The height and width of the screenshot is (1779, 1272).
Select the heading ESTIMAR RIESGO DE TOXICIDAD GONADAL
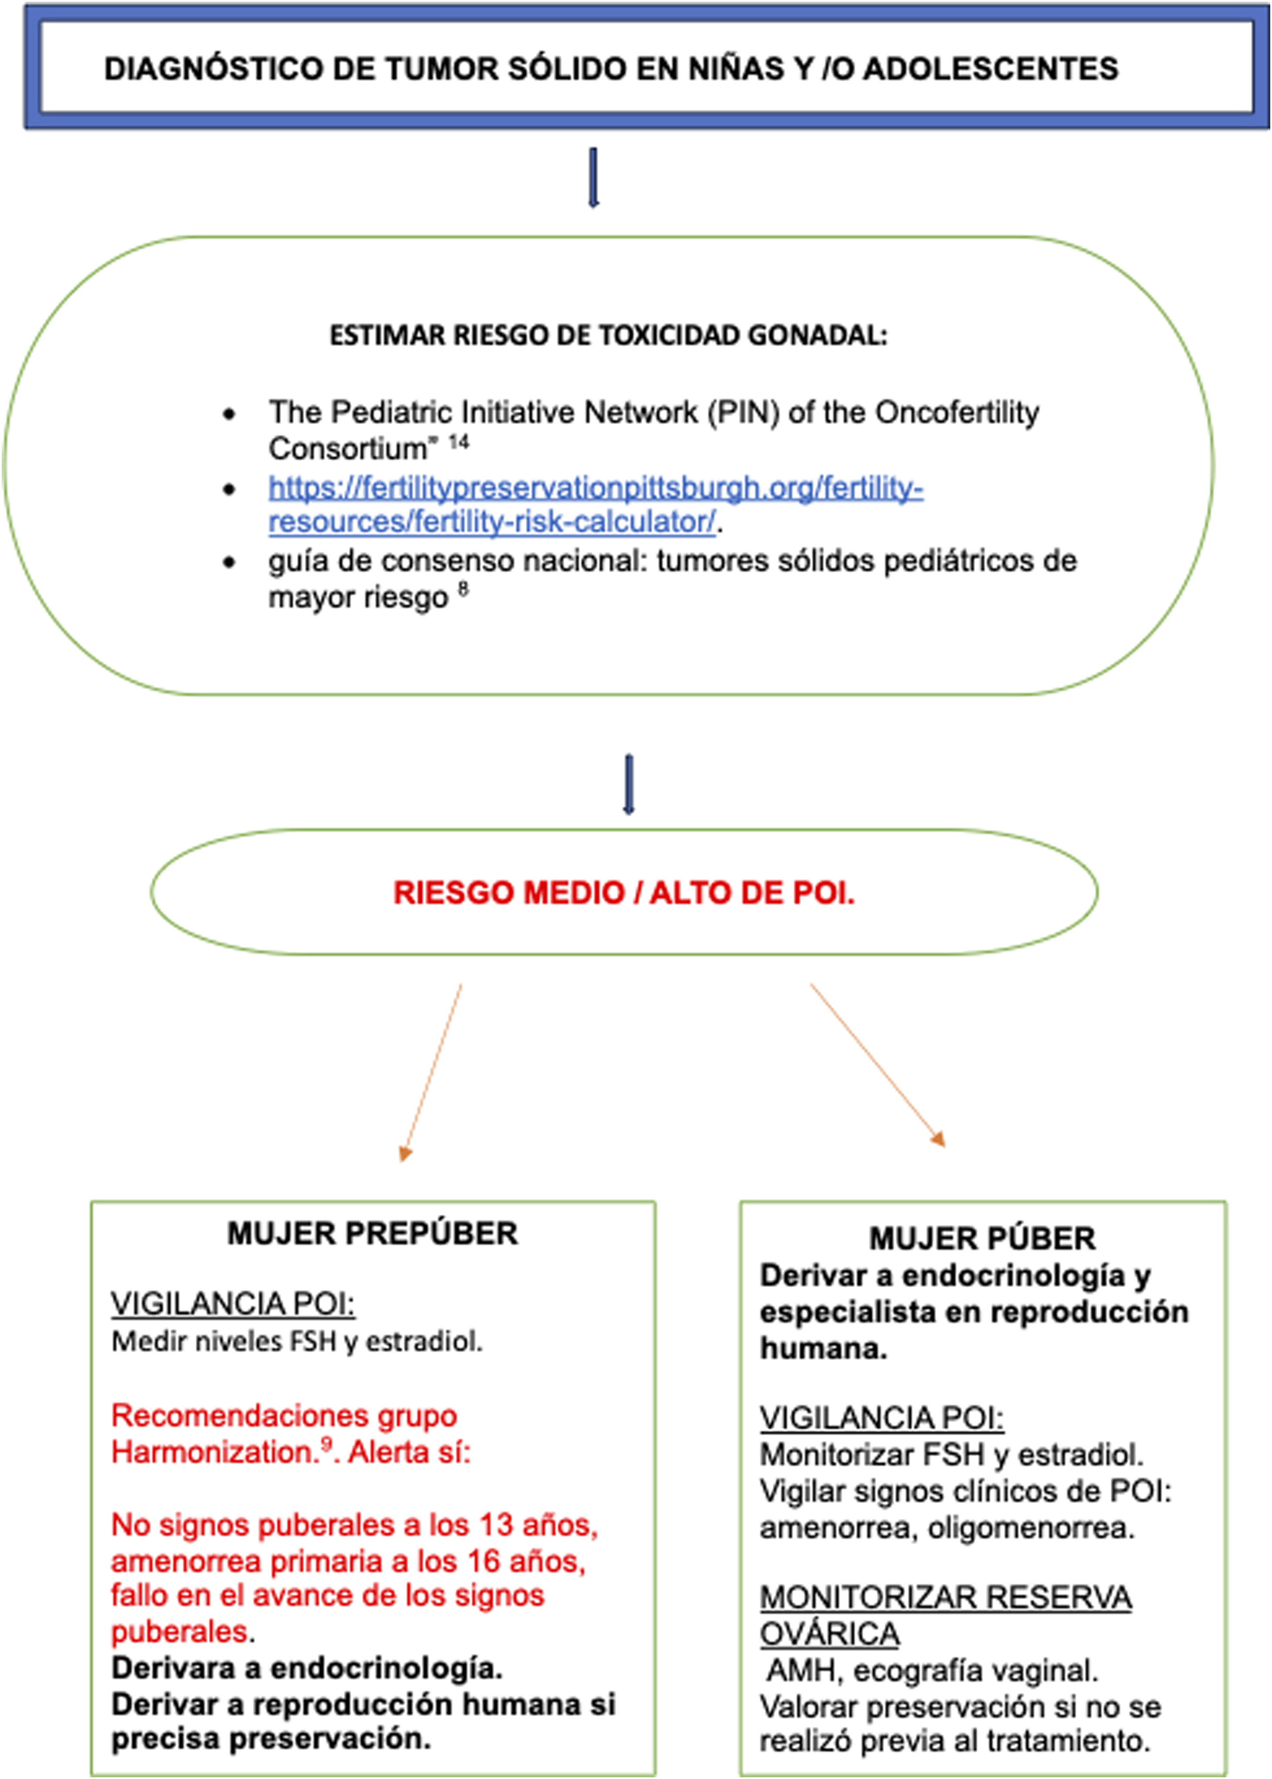[x=608, y=335]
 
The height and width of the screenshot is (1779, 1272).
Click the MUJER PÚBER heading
[x=982, y=1238]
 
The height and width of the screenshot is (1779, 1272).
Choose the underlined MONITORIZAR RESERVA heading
[x=945, y=1596]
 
